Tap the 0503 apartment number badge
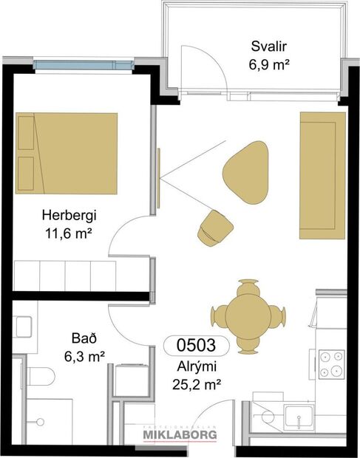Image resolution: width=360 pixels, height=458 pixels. (196, 345)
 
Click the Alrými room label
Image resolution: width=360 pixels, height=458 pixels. (196, 366)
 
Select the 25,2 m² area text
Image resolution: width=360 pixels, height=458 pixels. (196, 383)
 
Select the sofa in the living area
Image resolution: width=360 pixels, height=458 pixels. (322, 175)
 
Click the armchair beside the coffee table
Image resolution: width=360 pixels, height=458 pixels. (214, 226)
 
